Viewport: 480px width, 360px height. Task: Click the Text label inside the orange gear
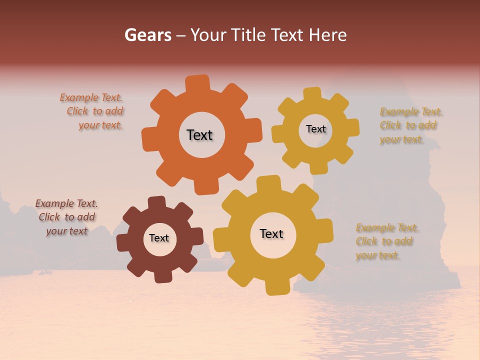[199, 135]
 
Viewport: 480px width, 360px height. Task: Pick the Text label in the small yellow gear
[315, 129]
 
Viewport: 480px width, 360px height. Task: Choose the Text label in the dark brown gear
[159, 238]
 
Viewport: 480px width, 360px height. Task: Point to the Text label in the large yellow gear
[271, 233]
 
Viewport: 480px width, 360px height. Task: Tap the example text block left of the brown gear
[66, 217]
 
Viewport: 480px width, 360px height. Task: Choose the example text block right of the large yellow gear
[386, 241]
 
